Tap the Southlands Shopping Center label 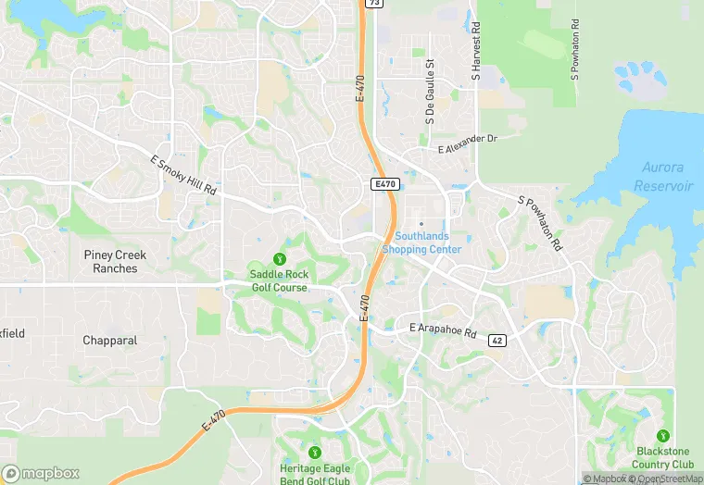pos(421,243)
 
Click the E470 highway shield pos(385,184)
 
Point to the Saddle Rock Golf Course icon pos(280,257)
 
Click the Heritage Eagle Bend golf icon pos(314,452)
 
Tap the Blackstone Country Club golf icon pos(662,435)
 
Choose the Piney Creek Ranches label pos(116,262)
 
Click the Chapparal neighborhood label pos(109,341)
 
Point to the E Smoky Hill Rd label pos(183,175)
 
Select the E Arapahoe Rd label pos(442,330)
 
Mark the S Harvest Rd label pos(475,51)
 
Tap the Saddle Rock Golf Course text pos(280,281)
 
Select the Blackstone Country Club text pos(663,458)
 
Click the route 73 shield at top pos(373,4)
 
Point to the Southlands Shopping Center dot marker pos(421,223)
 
